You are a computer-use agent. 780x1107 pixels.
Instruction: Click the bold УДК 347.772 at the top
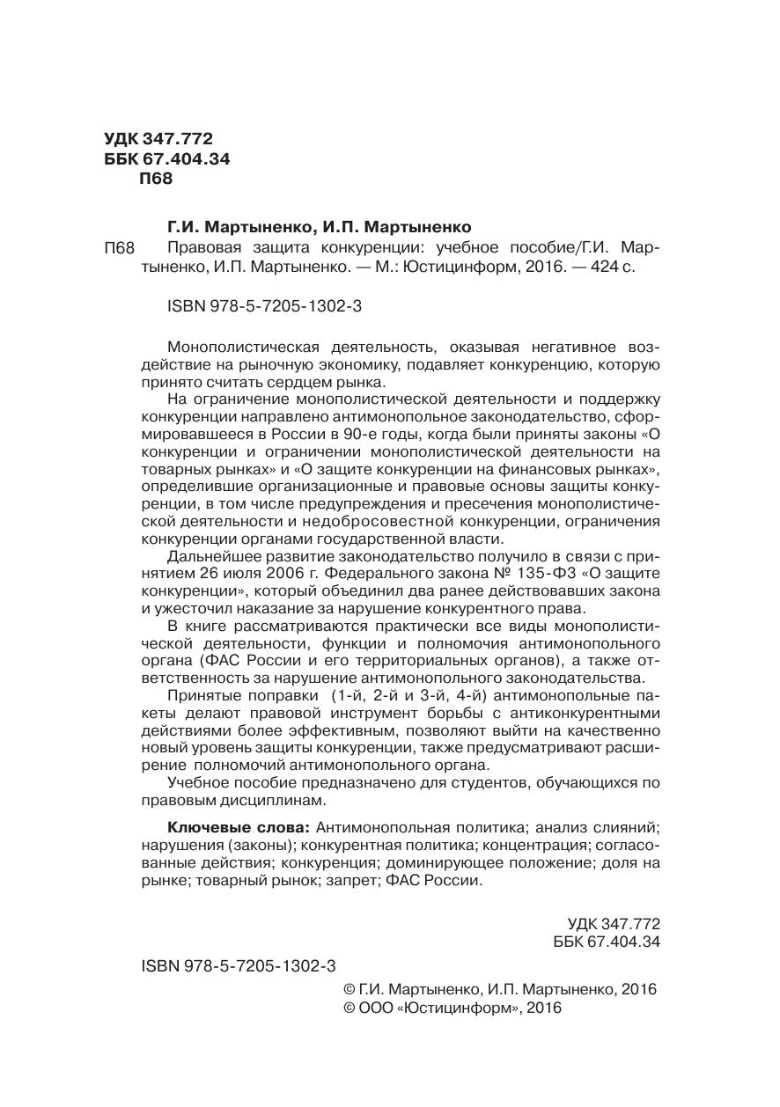(x=158, y=139)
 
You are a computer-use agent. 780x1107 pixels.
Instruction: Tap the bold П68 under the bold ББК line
(x=156, y=179)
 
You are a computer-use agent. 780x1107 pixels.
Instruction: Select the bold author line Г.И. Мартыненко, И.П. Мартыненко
(x=320, y=226)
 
